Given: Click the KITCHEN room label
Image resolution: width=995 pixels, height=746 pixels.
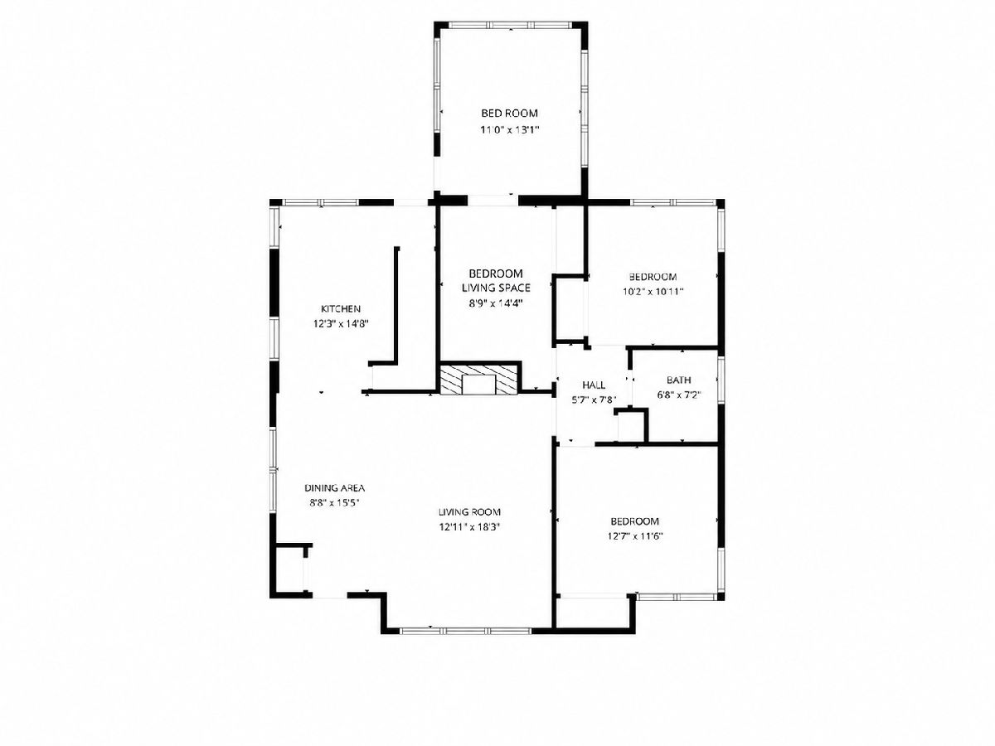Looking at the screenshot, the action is [341, 309].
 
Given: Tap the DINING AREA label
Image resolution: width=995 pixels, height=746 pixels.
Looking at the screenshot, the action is [334, 488].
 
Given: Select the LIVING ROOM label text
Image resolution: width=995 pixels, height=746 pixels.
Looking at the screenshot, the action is [469, 512].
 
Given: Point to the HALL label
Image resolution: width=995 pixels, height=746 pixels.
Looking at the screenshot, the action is [594, 385].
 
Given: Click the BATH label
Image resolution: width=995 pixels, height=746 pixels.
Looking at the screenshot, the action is [678, 380].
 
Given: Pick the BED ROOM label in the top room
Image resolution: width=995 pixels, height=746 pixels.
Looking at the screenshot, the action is [509, 114].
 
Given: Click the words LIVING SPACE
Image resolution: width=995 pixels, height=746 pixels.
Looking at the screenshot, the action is [496, 288].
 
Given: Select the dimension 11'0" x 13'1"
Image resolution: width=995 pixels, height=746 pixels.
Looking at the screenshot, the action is [509, 130].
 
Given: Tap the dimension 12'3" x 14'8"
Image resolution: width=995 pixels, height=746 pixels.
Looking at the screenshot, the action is [341, 324].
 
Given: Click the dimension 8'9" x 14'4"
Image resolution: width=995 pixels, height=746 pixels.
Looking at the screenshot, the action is [496, 303].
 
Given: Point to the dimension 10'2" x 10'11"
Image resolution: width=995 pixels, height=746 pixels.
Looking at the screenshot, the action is [653, 292].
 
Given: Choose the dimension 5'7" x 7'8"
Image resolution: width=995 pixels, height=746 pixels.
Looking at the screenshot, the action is [594, 400].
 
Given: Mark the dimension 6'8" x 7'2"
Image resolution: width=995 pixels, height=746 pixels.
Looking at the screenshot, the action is [678, 395].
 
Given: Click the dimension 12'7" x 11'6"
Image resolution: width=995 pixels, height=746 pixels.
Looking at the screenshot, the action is [634, 537].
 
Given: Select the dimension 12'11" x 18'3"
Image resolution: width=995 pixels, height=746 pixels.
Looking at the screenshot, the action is [469, 527].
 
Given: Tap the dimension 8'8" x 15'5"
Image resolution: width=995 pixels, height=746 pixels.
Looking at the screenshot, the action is [334, 503].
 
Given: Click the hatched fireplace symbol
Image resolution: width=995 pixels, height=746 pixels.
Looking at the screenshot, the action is [479, 378].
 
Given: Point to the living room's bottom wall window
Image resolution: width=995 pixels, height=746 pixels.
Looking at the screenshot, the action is [465, 631].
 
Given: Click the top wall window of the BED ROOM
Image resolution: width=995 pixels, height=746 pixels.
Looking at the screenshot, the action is [512, 26].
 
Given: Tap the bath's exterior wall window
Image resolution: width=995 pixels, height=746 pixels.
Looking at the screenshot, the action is [721, 380].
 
